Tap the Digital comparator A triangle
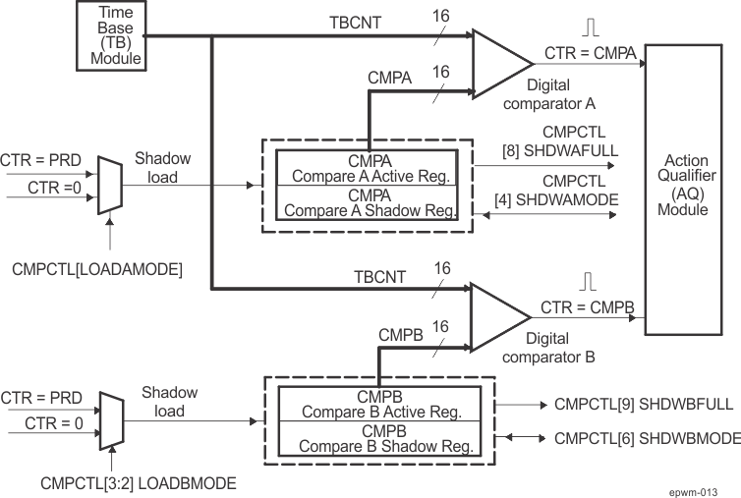[x=500, y=60]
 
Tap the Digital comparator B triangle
[x=500, y=315]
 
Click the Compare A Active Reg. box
[x=366, y=168]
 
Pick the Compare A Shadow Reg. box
[x=366, y=202]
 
